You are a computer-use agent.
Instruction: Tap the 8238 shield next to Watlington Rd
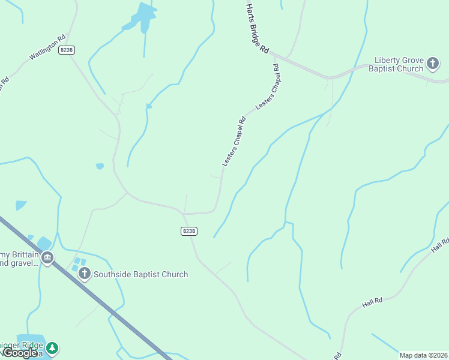[67, 50]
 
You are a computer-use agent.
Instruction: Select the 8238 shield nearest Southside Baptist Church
[188, 231]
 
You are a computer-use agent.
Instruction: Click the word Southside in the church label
[115, 274]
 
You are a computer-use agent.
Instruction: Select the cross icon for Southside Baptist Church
[85, 274]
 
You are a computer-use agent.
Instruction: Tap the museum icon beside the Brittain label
[47, 259]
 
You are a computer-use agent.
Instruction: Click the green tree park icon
[53, 347]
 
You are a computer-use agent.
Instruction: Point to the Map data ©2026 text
[424, 355]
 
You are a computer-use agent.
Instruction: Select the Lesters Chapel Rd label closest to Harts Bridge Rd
[268, 86]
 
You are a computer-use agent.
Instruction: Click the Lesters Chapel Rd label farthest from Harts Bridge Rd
[234, 141]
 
